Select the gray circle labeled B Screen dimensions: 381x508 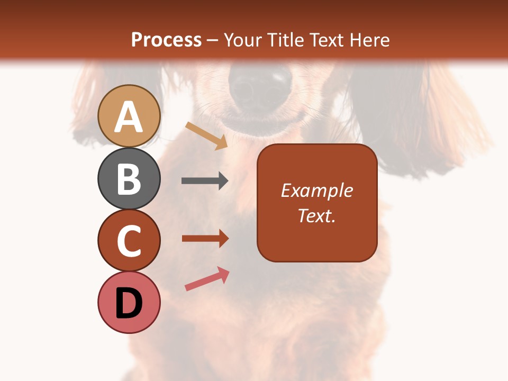click(x=129, y=178)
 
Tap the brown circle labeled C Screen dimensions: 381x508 click(x=129, y=241)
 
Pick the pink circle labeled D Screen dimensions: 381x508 click(x=129, y=303)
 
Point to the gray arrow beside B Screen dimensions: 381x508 click(x=205, y=181)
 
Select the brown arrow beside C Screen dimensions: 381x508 click(x=205, y=239)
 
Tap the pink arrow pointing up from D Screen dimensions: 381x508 click(x=207, y=279)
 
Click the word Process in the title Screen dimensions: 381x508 click(x=166, y=40)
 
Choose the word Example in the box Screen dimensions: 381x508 click(x=316, y=190)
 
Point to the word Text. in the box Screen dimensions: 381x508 click(x=316, y=215)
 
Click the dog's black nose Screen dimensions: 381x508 click(x=260, y=87)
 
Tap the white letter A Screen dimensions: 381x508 click(x=129, y=117)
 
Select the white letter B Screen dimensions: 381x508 click(x=129, y=179)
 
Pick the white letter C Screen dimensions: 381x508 click(x=129, y=241)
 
